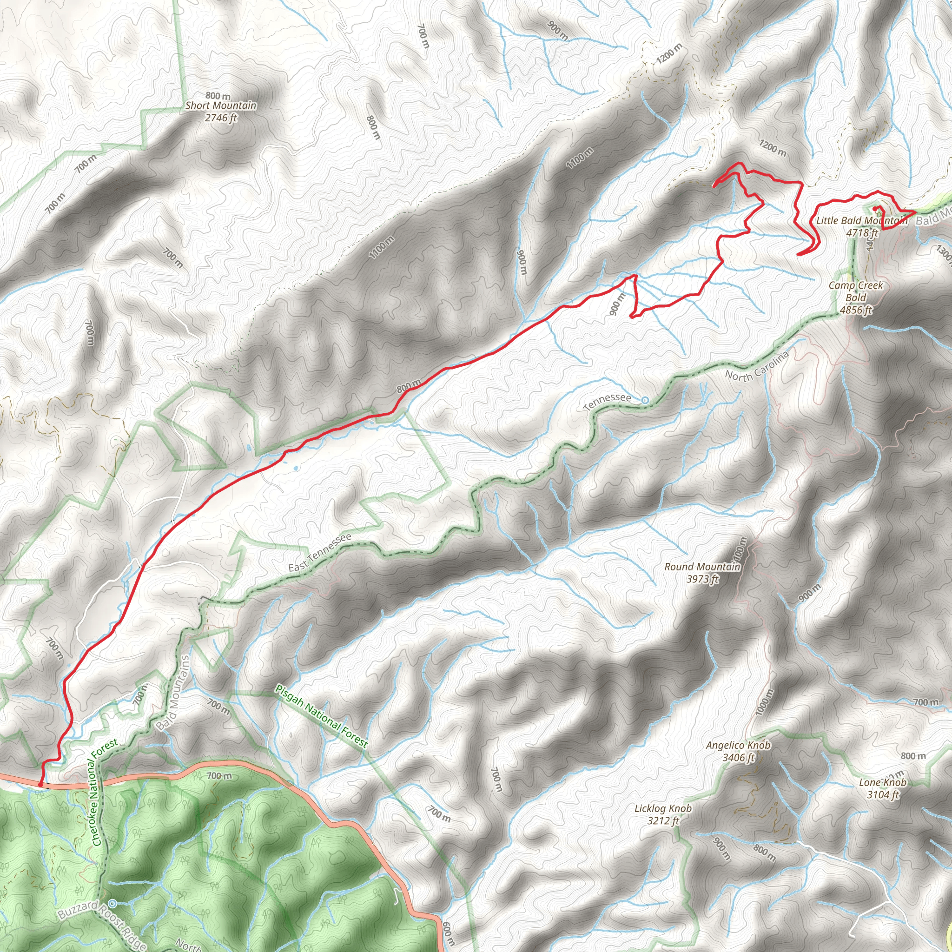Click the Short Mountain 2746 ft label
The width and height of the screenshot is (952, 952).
(221, 112)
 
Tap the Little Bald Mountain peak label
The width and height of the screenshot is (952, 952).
(862, 226)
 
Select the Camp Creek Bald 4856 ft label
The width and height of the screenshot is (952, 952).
(856, 297)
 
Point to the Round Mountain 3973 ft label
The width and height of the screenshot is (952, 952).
(702, 573)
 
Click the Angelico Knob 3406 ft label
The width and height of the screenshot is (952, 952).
(738, 752)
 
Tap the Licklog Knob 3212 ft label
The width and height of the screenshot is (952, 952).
(663, 814)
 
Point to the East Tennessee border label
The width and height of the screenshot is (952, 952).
(320, 552)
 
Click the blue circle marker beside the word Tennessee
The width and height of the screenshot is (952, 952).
(645, 400)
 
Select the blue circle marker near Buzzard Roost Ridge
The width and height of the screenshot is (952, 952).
(113, 903)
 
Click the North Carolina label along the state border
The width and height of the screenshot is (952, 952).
(756, 367)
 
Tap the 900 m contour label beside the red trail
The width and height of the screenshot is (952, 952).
(617, 304)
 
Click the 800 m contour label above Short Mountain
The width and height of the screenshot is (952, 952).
(218, 96)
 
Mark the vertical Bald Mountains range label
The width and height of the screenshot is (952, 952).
(173, 692)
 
